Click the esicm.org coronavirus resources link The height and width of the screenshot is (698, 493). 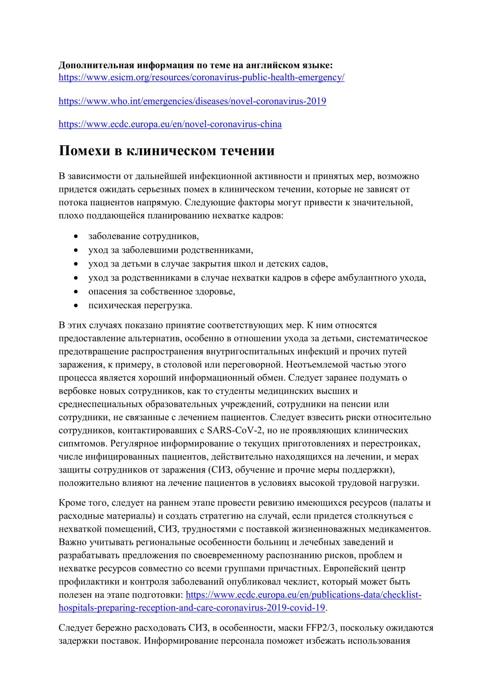(x=201, y=77)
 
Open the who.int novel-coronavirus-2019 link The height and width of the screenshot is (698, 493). (x=192, y=101)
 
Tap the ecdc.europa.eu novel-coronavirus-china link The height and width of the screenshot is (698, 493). (x=170, y=124)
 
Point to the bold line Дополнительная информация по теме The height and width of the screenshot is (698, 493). (x=195, y=65)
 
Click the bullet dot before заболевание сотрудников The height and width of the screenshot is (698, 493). (x=76, y=237)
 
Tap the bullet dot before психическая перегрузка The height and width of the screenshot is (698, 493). (x=76, y=306)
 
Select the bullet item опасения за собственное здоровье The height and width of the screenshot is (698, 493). (x=162, y=291)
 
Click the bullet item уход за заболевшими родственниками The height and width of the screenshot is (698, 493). (x=171, y=250)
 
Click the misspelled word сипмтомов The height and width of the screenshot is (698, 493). (x=83, y=444)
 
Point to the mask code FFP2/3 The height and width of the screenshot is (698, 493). (x=321, y=628)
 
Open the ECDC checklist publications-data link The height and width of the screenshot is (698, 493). (x=304, y=595)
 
